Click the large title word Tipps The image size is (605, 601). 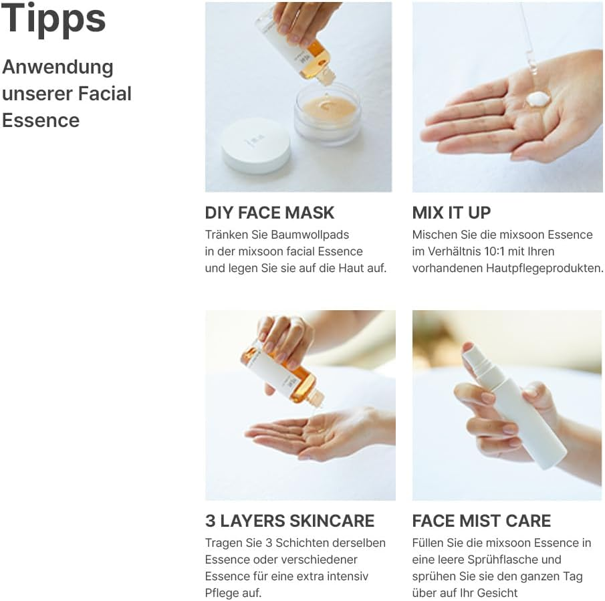point(53,19)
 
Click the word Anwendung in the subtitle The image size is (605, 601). point(57,67)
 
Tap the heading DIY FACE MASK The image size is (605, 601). point(269,213)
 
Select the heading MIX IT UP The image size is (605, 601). point(451,213)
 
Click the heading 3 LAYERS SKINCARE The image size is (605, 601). point(289,521)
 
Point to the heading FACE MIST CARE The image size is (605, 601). point(481,521)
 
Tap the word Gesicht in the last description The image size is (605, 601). point(494,592)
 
